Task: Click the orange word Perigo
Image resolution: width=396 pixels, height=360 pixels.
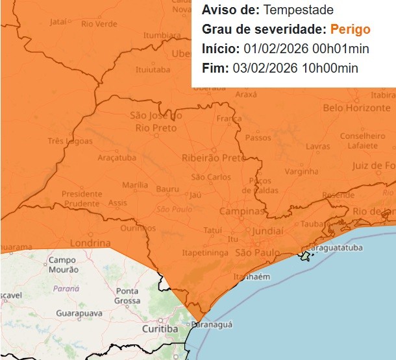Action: click(x=351, y=29)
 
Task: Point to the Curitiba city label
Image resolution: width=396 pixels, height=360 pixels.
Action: click(x=160, y=329)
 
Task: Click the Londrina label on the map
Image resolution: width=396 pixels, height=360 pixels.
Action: click(x=90, y=243)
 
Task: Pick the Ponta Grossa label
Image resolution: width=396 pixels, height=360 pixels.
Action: click(x=127, y=296)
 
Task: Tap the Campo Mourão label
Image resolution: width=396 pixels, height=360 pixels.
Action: click(x=62, y=265)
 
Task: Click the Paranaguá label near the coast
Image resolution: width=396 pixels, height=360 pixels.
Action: click(x=212, y=324)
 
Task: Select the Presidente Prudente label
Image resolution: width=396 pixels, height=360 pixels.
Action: click(x=82, y=198)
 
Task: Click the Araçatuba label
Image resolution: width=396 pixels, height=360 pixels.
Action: click(x=116, y=158)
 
